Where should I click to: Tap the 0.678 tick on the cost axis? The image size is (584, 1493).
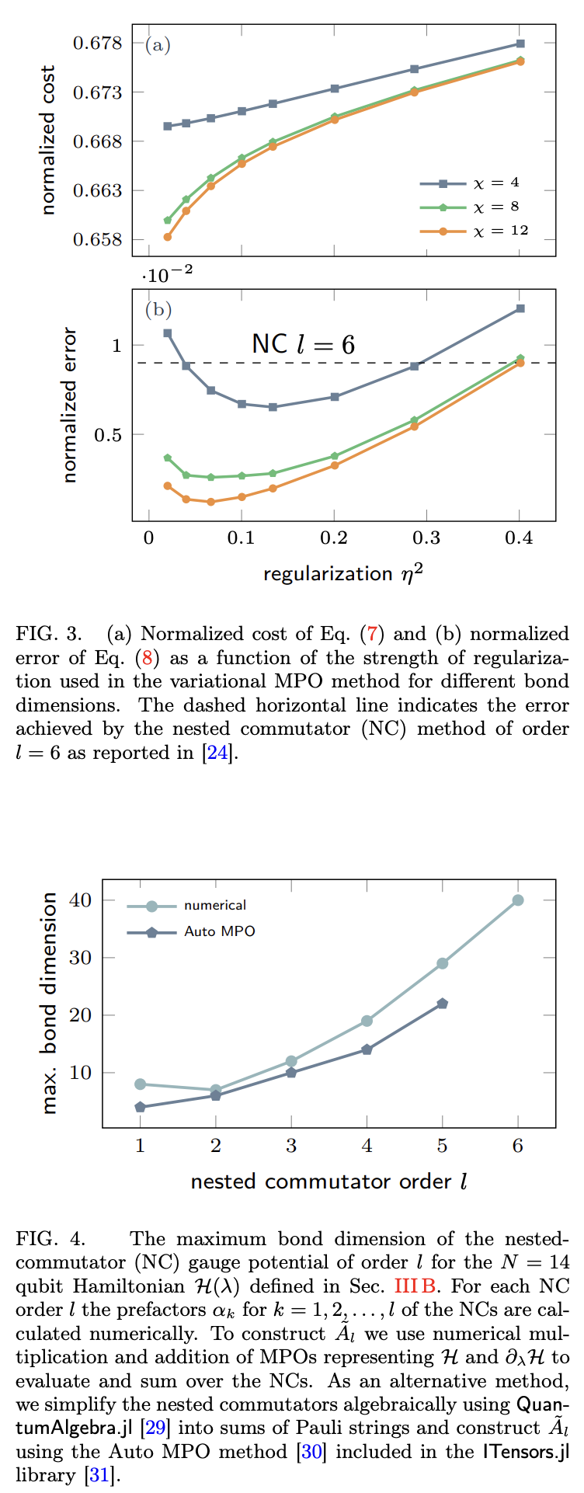pos(98,43)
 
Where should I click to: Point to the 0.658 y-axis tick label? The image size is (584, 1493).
pos(98,240)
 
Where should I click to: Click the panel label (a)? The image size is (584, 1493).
pos(158,45)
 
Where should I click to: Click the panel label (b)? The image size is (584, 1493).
pos(158,310)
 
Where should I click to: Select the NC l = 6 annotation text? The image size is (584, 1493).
pos(303,344)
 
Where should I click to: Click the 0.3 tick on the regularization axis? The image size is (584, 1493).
pos(426,538)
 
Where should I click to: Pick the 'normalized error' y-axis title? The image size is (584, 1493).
pos(70,405)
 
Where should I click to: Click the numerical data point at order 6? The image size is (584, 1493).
pos(518,900)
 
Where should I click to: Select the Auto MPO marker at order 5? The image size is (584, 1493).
pos(443,1004)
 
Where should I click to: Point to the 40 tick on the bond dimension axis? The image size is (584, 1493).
pos(82,900)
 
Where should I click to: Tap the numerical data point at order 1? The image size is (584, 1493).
pos(141,1084)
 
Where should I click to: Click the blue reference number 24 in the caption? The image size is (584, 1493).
pos(217,753)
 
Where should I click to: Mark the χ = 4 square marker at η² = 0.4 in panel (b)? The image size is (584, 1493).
pos(520,309)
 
